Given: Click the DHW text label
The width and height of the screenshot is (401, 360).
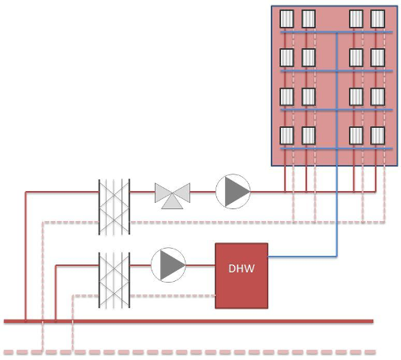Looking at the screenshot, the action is pos(242,268).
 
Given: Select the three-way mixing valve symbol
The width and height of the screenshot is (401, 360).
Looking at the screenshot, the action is pos(172,196).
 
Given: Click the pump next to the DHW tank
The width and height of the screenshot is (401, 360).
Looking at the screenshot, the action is pos(168,265).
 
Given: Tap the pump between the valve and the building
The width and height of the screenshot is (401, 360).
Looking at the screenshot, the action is pos(233,192).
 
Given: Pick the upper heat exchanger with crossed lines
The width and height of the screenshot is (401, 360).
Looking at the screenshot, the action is pos(114,207).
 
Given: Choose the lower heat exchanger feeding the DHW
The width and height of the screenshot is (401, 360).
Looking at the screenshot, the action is pos(114,280).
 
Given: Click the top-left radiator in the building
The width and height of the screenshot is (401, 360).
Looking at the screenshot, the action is pos(287,19).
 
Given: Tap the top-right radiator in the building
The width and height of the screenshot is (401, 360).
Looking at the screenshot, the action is pos(378,19).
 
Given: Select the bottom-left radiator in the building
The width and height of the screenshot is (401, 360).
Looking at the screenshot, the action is pos(287,136).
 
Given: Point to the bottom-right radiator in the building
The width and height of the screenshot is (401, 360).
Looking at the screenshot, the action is pos(378,136).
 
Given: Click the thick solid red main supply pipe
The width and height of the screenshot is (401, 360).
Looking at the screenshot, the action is pos(189,321).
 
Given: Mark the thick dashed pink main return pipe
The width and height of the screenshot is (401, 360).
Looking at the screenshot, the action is pos(189,352).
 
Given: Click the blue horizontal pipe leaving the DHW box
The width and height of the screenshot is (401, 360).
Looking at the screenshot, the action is pos(302,256).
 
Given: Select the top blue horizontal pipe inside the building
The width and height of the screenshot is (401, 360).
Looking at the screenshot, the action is pos(336,32).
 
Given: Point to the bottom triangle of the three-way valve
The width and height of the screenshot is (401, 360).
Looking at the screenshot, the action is pos(172,203).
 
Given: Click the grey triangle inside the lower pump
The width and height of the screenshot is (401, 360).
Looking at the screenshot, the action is pos(171,265).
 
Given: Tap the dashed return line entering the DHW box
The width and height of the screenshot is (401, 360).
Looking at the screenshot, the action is pos(173,296).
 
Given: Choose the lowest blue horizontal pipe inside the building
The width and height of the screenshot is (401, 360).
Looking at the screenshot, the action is pos(336,148).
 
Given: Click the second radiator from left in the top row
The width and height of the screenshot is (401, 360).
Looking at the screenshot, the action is pos(309,19).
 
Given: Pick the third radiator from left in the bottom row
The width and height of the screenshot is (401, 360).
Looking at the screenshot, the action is pos(356,136).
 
